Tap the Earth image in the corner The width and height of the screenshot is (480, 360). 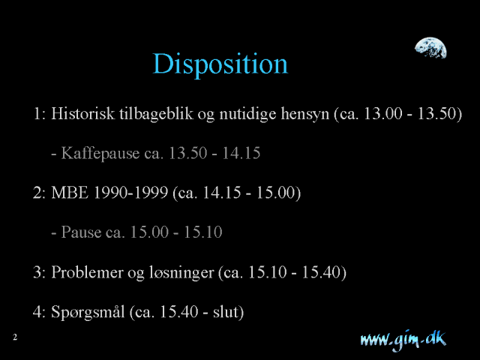[x=430, y=48]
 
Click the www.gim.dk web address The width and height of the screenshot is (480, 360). [x=403, y=340]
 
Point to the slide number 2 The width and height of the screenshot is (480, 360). [x=15, y=337]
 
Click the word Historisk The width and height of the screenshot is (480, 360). [x=82, y=113]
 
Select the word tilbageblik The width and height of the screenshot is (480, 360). [x=156, y=114]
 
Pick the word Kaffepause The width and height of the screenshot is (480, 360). [x=100, y=153]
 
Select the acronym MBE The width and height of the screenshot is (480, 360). [x=70, y=193]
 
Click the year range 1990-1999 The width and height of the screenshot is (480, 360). [x=130, y=193]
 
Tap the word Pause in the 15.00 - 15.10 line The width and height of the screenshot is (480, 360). [x=81, y=232]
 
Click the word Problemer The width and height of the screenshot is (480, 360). [x=87, y=271]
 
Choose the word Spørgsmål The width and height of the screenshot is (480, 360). [x=88, y=312]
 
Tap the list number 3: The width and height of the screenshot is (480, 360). [x=39, y=271]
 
